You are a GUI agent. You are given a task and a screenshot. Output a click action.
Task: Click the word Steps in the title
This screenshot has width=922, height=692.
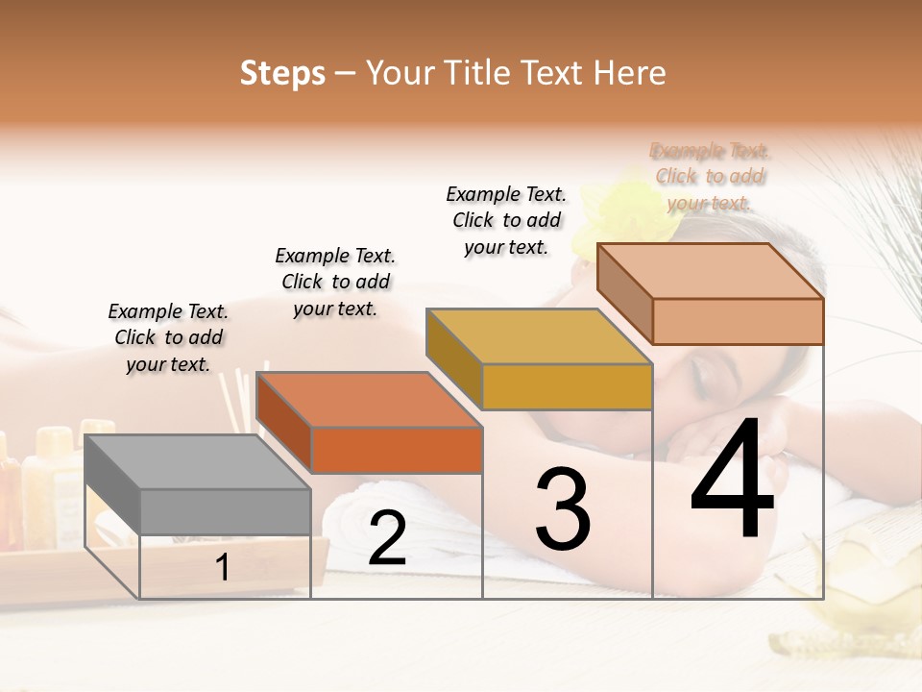click(282, 73)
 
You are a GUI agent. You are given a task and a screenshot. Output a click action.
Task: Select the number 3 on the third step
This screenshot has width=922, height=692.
click(562, 509)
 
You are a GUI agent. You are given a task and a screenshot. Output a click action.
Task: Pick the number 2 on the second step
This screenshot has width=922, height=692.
click(387, 538)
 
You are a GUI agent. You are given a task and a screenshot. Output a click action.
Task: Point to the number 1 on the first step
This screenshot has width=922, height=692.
click(223, 568)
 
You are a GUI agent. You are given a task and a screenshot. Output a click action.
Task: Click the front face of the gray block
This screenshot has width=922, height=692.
click(226, 511)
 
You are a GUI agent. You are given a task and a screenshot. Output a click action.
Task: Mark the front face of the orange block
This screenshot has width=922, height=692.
click(397, 450)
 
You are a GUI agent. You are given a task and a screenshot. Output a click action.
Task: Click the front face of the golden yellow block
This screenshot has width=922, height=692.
click(567, 386)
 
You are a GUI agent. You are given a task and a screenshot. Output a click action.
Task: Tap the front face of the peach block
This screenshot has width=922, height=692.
click(738, 321)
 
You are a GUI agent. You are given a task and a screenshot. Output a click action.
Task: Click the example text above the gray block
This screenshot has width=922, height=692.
click(168, 337)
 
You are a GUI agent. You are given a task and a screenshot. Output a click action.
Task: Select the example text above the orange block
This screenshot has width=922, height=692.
click(335, 282)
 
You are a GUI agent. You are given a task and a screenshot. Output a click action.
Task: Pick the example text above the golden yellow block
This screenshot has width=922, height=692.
click(506, 220)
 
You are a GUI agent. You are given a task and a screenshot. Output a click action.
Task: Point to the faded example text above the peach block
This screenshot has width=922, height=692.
click(711, 176)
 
